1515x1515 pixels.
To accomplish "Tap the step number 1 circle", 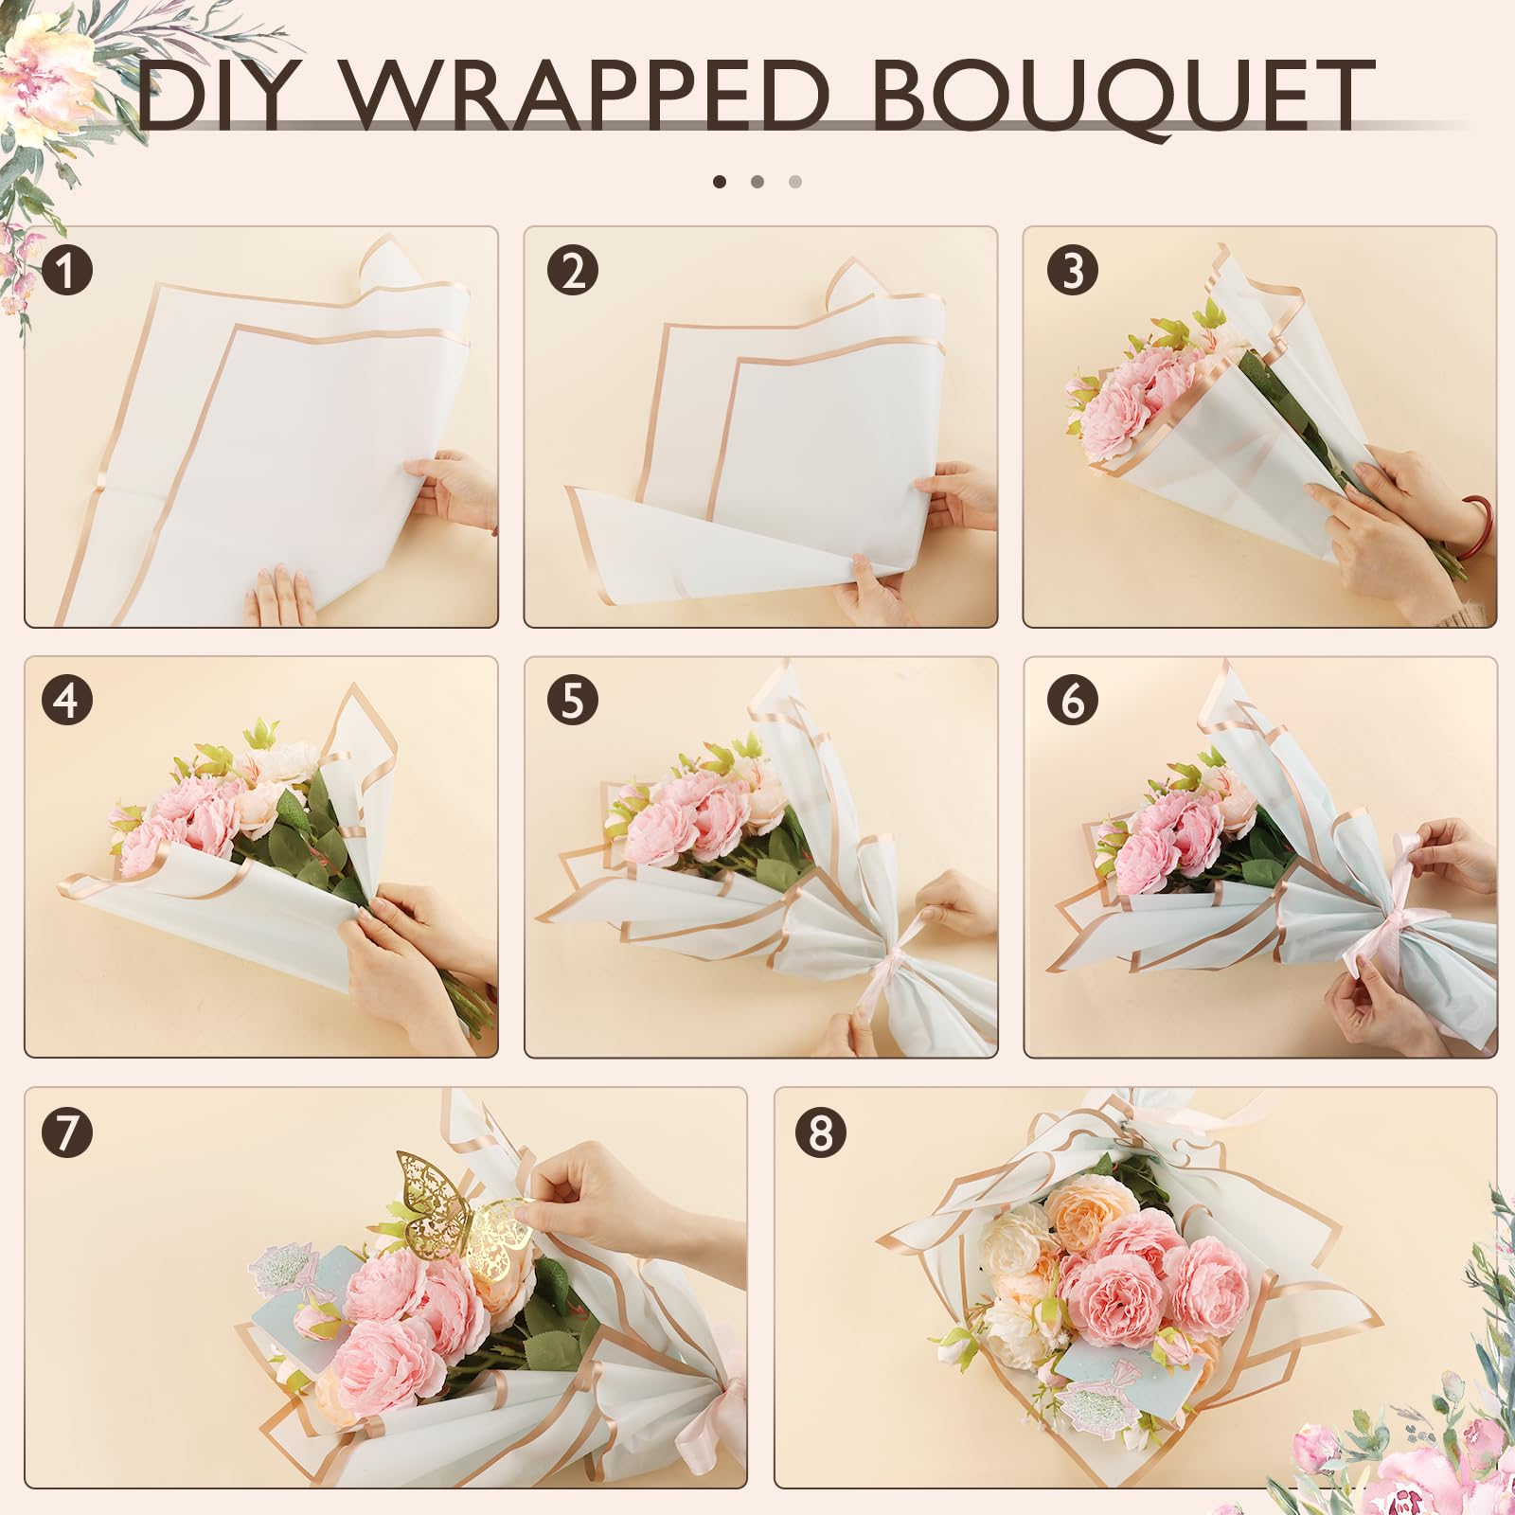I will click(67, 270).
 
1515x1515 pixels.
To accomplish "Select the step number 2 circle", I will click(572, 270).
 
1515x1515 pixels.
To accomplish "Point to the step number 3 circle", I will click(1072, 270).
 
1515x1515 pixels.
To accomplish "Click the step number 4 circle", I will click(67, 701).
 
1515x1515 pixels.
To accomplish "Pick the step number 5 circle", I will click(572, 701).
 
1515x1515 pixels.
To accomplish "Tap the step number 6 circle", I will click(1072, 701).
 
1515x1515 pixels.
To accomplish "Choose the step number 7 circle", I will click(67, 1132).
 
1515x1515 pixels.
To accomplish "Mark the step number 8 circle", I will click(820, 1132).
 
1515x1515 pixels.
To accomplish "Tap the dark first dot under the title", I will click(720, 181).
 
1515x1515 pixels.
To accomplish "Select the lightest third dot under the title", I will click(795, 181).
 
